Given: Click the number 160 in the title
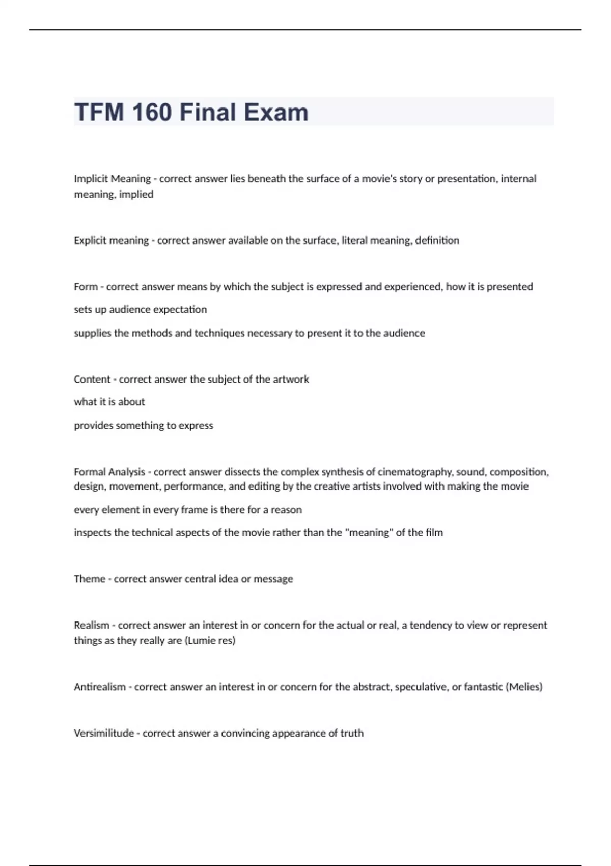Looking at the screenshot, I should tap(151, 113).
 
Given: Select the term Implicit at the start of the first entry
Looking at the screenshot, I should tap(91, 179).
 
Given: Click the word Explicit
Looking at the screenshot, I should tap(91, 240).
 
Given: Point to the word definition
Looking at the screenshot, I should tap(437, 240).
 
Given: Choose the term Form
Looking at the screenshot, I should tap(86, 287).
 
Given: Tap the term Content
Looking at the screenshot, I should tap(92, 379).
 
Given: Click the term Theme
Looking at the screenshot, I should tap(90, 579).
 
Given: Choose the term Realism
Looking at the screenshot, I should tap(92, 625).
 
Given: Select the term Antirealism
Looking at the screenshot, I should tap(100, 687).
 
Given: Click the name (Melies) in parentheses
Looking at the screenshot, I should tap(524, 687).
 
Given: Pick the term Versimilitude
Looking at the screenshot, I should tap(104, 733).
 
